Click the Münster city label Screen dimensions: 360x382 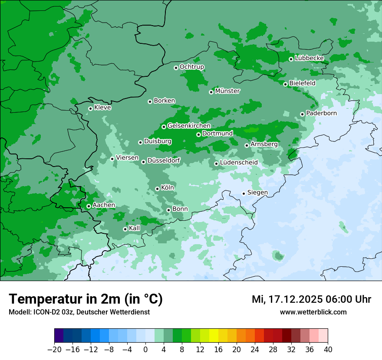(227, 91)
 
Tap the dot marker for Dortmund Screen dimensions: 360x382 (198, 134)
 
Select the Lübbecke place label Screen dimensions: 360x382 (309, 58)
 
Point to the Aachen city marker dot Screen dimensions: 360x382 (89, 206)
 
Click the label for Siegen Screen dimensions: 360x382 (257, 193)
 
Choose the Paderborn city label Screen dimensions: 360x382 (321, 113)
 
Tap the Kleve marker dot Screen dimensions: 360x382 (90, 108)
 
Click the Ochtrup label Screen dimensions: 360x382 (191, 67)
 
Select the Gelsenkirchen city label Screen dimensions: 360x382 (189, 126)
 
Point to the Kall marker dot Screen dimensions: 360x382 (125, 229)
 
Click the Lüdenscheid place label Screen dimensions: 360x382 (239, 163)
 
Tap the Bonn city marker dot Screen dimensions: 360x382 (168, 210)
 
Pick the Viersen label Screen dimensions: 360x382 (127, 158)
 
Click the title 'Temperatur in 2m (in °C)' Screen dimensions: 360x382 (86, 299)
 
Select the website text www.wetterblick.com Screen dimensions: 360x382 (313, 312)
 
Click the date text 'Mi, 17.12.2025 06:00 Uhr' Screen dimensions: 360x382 (311, 299)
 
